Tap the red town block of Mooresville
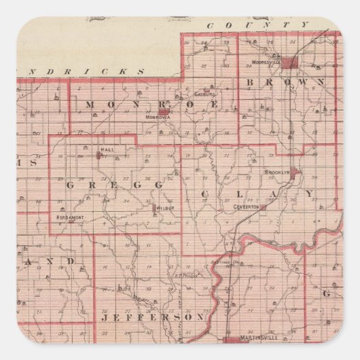click(x=290, y=62)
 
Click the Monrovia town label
click(x=156, y=117)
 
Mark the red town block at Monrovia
click(x=164, y=111)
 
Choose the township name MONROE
click(x=150, y=104)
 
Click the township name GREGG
click(x=114, y=184)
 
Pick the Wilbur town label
click(x=166, y=206)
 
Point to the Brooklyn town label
click(x=277, y=173)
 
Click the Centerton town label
click(x=247, y=206)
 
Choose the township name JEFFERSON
click(x=152, y=317)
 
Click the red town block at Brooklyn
click(x=294, y=171)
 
